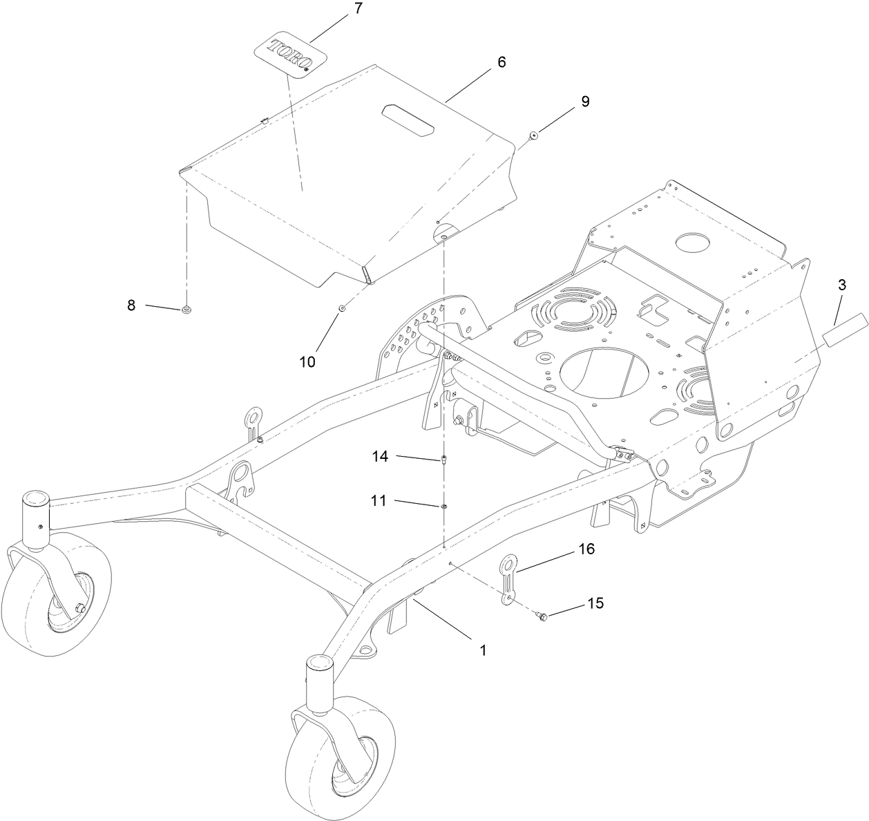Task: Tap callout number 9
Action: pos(585,102)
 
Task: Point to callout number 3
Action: pos(842,285)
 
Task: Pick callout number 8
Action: pos(131,305)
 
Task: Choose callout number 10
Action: pos(307,361)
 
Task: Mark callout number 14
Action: pos(381,457)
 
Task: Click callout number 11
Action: pos(378,500)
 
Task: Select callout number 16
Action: pos(586,549)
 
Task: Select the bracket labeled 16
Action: pos(509,577)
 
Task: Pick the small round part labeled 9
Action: pos(534,135)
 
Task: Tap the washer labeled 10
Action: pos(341,308)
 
